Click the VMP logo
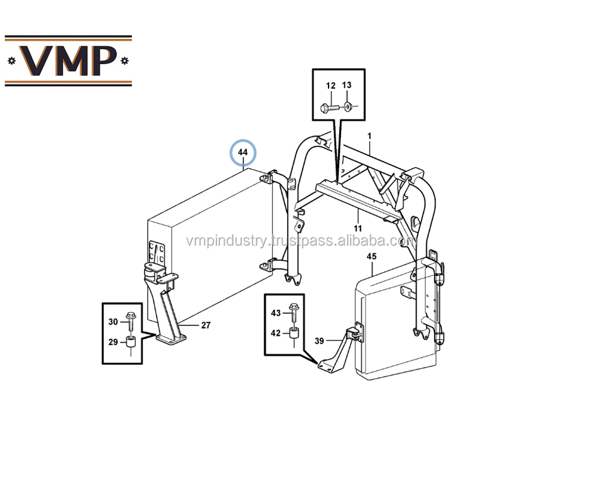click(x=68, y=60)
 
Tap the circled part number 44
click(x=243, y=153)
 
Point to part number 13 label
click(x=347, y=85)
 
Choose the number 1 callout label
click(x=369, y=136)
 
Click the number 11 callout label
click(x=357, y=227)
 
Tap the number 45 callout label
click(x=372, y=256)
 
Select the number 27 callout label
click(x=205, y=326)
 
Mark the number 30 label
click(x=113, y=322)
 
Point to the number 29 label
click(x=113, y=342)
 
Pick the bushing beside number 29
click(x=131, y=342)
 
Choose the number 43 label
click(x=276, y=313)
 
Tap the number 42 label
click(x=276, y=333)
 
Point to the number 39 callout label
click(x=319, y=341)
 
